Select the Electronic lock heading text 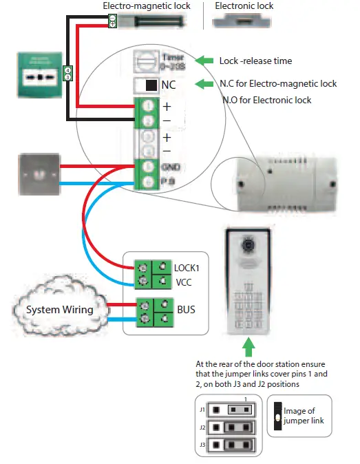tap(244, 6)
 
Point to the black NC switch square tap(150, 85)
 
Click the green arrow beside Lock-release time tap(204, 61)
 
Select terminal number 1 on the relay tap(148, 107)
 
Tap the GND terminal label tap(171, 167)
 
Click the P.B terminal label tap(169, 182)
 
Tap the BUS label tap(187, 310)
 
